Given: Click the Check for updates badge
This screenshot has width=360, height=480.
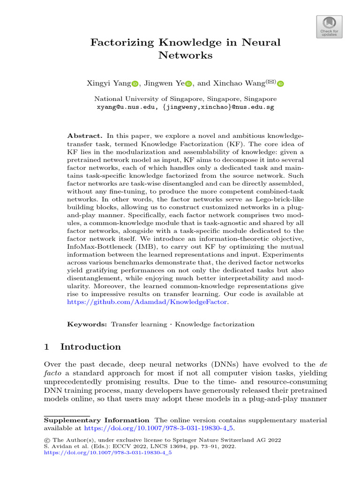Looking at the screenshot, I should pyautogui.click(x=330, y=27).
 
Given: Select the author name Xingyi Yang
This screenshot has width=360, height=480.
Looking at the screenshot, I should pyautogui.click(x=108, y=83).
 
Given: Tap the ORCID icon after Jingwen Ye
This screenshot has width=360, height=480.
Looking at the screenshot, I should pyautogui.click(x=189, y=84).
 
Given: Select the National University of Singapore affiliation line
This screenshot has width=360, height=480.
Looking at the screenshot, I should pyautogui.click(x=185, y=99).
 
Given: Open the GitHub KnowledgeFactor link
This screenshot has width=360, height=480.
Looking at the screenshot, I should pyautogui.click(x=148, y=302).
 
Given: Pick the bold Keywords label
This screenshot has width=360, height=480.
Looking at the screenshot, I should pyautogui.click(x=87, y=324).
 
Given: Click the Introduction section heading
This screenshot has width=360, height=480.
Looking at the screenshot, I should pyautogui.click(x=90, y=347).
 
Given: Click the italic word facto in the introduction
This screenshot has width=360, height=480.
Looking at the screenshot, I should pyautogui.click(x=52, y=373).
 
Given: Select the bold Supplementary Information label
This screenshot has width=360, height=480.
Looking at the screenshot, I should pyautogui.click(x=97, y=420).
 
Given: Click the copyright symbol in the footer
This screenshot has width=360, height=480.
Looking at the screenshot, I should pyautogui.click(x=46, y=440).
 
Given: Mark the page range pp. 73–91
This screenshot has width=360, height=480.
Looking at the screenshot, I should pyautogui.click(x=196, y=447).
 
